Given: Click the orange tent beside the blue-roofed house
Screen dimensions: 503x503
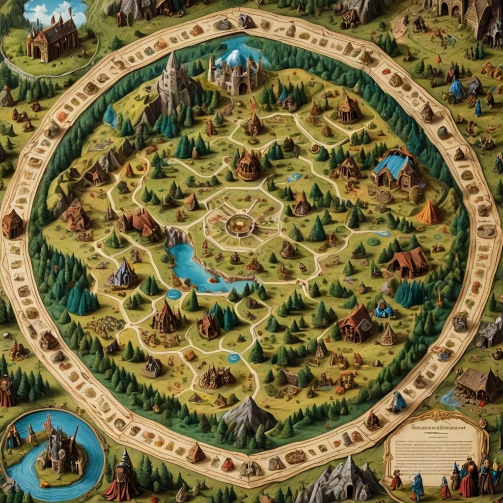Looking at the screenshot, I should pos(430,213).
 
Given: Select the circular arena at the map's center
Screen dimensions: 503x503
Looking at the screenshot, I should pos(240,225).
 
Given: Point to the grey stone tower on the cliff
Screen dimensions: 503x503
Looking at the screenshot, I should pos(172,84).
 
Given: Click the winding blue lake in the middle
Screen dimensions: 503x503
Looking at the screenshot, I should pos(196,268).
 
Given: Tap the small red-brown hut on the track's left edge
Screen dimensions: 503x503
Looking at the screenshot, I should pos(12,224).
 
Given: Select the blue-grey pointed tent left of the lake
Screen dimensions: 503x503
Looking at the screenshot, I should pos(124,274).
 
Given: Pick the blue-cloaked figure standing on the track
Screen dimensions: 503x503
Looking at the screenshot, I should pos(398,402).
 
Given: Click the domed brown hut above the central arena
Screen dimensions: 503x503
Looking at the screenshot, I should pos(249,166).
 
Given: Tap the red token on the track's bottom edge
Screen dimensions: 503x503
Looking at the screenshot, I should pos(227,464).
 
